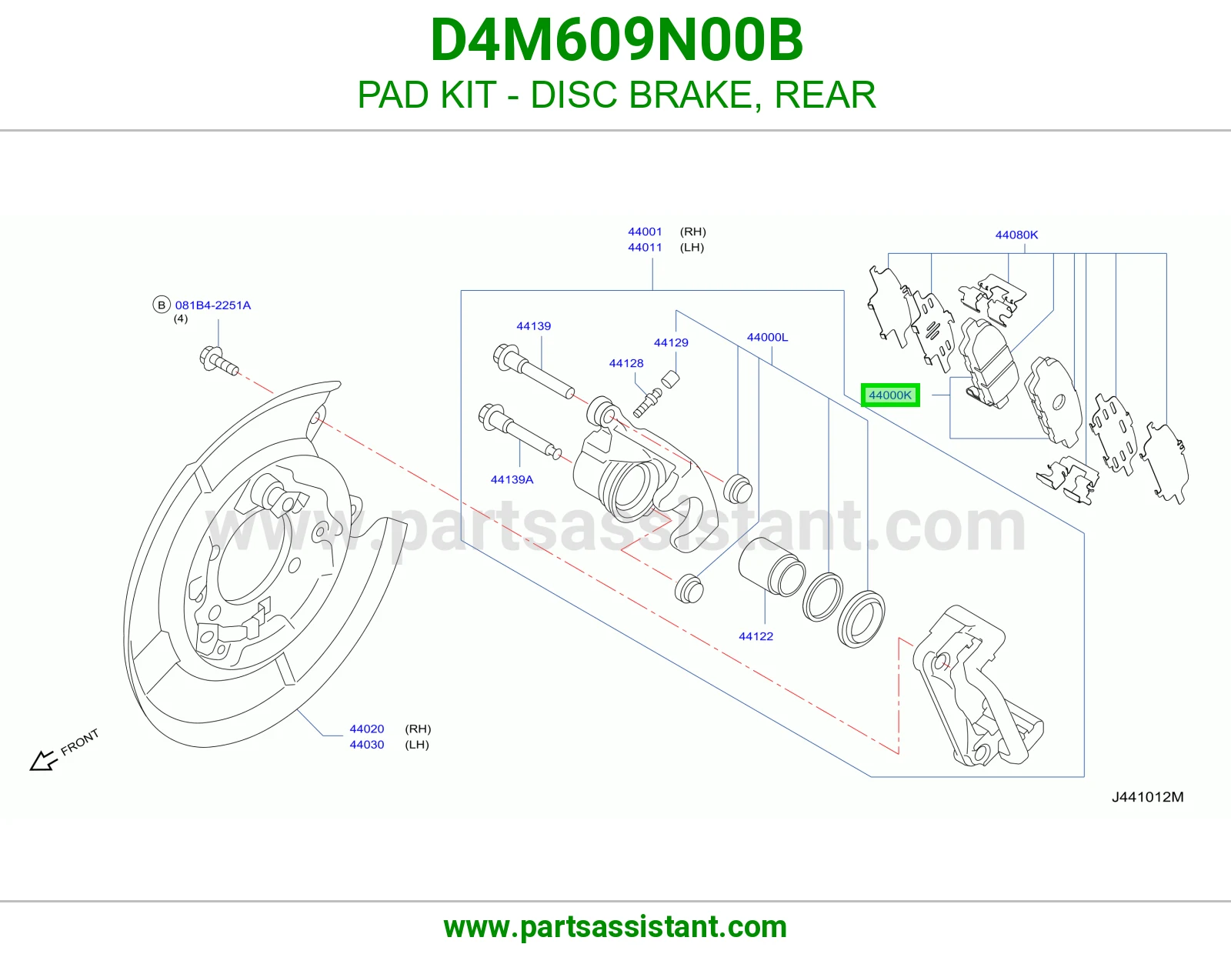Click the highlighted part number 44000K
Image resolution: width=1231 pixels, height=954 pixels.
[x=890, y=395]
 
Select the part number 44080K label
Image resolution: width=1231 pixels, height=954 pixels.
[x=1016, y=235]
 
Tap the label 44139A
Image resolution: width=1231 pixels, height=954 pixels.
[x=512, y=479]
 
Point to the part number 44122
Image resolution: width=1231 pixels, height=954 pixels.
[x=756, y=636]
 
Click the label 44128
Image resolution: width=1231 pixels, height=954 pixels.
[x=626, y=363]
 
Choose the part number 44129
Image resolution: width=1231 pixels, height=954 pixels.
[x=671, y=342]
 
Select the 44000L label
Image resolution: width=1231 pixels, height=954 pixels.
[x=767, y=337]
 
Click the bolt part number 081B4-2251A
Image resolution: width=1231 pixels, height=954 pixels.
[x=212, y=305]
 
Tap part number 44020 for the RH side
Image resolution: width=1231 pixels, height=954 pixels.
[x=366, y=729]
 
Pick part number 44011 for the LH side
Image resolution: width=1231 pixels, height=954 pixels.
[x=645, y=247]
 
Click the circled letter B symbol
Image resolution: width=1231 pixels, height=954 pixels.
[x=162, y=305]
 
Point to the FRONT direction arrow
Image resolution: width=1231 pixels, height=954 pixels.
[x=44, y=760]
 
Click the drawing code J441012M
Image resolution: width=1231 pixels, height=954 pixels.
[x=1147, y=797]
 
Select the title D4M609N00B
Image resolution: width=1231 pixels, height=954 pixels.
[x=616, y=40]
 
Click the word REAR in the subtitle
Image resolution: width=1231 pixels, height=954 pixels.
[x=825, y=95]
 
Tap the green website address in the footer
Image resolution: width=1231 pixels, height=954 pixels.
[x=615, y=927]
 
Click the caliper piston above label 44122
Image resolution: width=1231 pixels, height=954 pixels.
[x=771, y=566]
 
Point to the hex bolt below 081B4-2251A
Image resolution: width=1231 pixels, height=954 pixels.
[x=219, y=361]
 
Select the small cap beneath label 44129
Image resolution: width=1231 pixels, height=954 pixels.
[x=670, y=379]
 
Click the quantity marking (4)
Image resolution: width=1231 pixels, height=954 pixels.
[x=180, y=319]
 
